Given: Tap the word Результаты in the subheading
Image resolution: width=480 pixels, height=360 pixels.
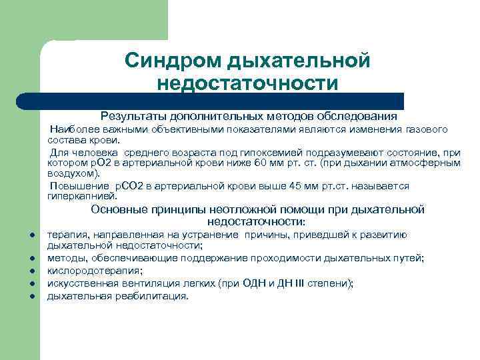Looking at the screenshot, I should point(132,115).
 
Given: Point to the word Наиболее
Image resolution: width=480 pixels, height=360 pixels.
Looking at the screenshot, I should point(71,129).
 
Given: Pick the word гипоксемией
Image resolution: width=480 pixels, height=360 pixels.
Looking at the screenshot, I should point(216,152).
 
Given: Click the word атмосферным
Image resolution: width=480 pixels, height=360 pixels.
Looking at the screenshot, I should point(426,162).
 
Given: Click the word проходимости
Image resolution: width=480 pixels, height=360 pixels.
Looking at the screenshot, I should point(284,259).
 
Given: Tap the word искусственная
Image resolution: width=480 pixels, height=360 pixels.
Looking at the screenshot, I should point(79,283).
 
